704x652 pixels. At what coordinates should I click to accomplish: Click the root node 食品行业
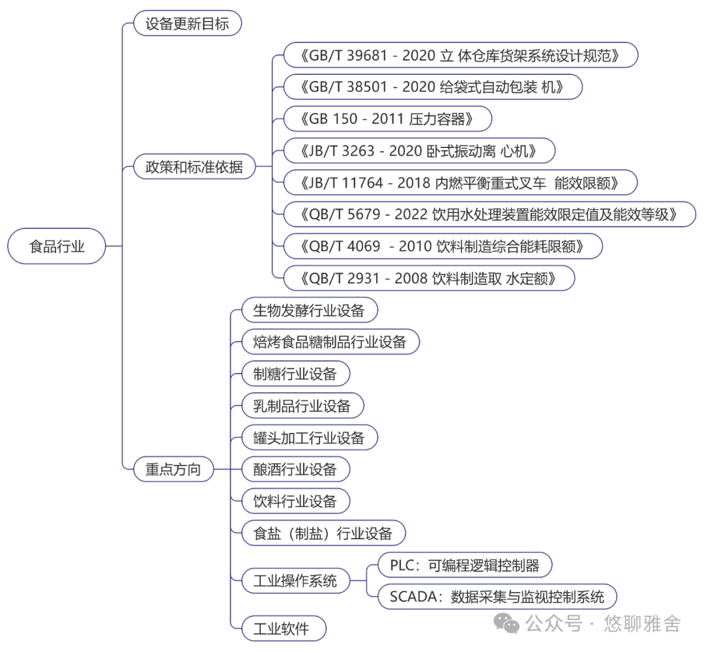57,246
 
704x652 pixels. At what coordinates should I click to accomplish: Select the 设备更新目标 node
187,24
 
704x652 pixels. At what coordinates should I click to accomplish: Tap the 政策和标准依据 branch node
194,166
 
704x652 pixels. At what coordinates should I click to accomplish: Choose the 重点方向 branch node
173,469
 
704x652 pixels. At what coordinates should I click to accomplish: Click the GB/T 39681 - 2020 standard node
460,55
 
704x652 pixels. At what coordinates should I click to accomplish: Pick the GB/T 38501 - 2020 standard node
433,87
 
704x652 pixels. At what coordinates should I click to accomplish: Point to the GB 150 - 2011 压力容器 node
387,119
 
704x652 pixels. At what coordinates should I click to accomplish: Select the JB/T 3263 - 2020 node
419,151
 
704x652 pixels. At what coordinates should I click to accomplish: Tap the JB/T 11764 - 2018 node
460,183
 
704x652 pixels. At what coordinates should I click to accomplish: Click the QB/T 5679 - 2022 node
490,214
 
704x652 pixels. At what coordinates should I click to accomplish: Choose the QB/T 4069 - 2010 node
443,246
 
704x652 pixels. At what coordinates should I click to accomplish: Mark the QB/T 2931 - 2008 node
430,278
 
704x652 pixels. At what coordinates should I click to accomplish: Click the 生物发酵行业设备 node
309,310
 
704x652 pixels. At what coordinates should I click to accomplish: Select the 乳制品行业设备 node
302,406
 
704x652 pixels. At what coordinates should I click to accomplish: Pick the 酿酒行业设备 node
295,469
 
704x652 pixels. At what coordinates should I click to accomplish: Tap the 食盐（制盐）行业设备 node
323,533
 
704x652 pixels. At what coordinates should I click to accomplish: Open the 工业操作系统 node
295,580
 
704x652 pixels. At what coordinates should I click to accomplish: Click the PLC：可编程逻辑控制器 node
465,565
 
